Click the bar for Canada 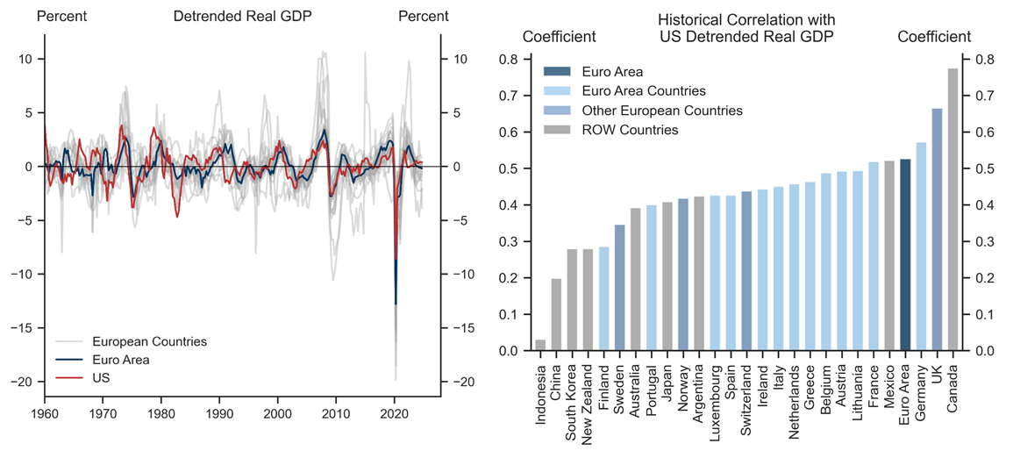coord(952,211)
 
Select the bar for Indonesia coord(540,346)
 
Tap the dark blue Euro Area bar coord(905,255)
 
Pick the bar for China coord(556,315)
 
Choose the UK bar coord(937,230)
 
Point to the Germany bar coord(921,247)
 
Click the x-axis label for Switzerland coord(746,391)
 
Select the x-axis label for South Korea coord(572,394)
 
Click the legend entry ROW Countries coord(630,130)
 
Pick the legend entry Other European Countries coord(654,111)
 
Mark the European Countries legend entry coord(149,341)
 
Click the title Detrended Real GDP coord(242,17)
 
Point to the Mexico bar coord(889,256)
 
